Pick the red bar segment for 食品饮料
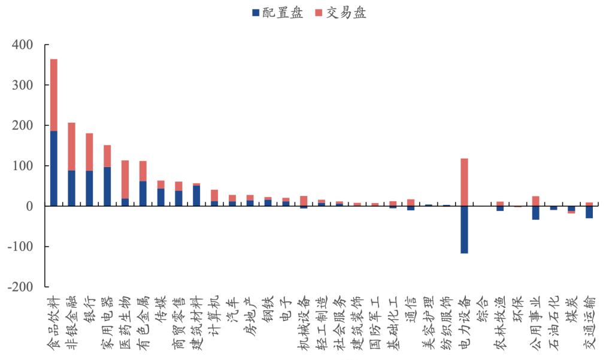(54, 95)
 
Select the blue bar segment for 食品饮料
(54, 168)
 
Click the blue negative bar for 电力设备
(464, 229)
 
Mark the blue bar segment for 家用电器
(107, 186)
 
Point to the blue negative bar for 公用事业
(535, 213)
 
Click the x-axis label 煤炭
(572, 308)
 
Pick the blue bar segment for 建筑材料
(196, 196)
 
